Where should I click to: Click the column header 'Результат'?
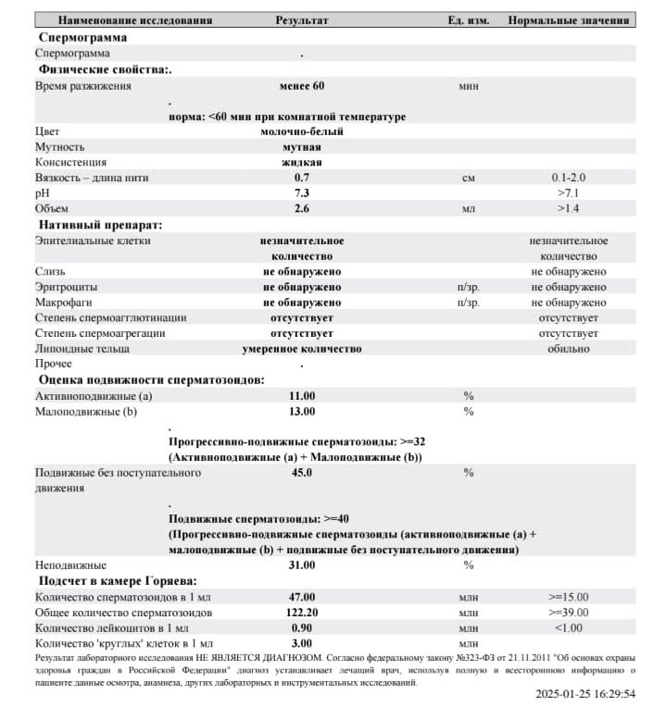tap(302, 19)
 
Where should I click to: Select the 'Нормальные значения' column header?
tap(569, 19)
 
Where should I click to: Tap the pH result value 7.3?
tap(302, 192)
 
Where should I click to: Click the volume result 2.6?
tap(302, 208)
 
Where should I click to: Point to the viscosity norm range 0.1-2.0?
tap(569, 177)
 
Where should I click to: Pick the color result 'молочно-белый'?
tap(302, 131)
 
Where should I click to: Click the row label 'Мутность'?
tap(60, 146)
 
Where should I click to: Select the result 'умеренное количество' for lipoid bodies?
tap(302, 349)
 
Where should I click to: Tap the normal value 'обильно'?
tap(569, 349)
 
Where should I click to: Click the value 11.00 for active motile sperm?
tap(302, 395)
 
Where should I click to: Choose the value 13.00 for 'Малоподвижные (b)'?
tap(302, 411)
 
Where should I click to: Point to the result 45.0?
tap(302, 473)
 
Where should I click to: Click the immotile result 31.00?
tap(302, 564)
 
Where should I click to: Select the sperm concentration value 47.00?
tap(302, 597)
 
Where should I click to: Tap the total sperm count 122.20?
tap(302, 613)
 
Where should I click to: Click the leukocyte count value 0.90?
tap(302, 627)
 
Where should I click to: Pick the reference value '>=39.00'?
tap(569, 613)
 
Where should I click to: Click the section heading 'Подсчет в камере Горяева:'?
tap(117, 580)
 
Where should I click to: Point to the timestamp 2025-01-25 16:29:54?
tap(585, 693)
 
